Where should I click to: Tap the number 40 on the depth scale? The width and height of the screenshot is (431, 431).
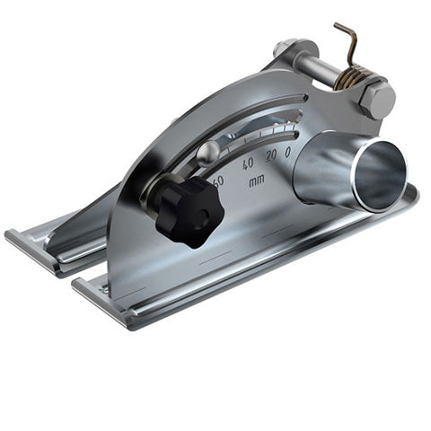247,163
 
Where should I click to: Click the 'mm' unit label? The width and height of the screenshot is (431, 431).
257,181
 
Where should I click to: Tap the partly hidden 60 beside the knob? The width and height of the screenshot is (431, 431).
217,180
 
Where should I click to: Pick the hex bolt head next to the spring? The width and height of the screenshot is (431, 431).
378,100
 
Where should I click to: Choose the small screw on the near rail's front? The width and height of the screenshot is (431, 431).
105,289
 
